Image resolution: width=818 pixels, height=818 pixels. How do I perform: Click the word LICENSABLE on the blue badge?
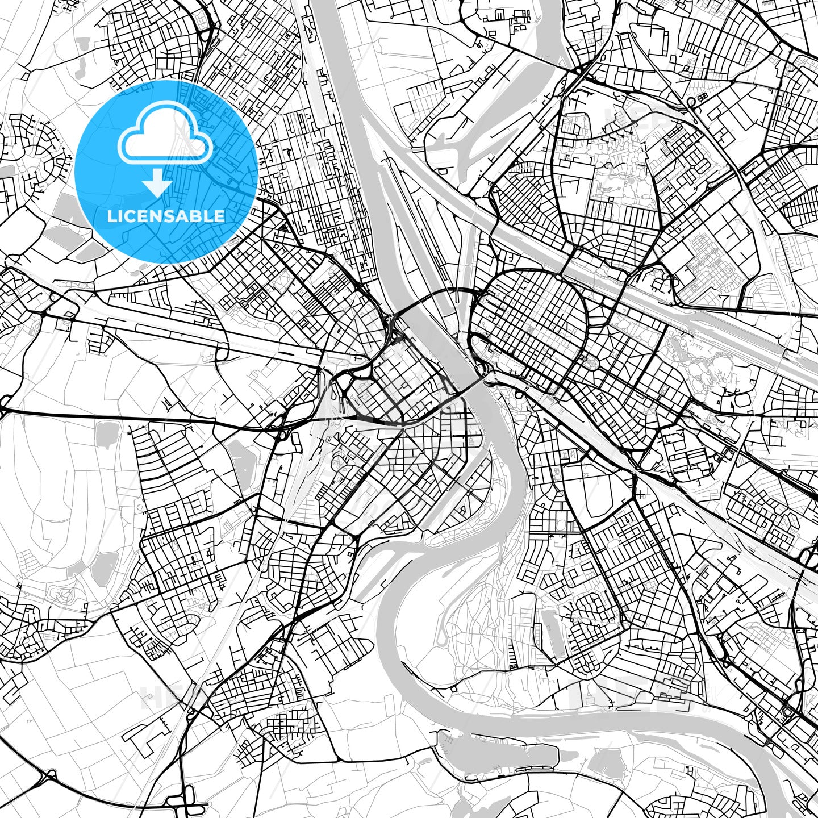click(x=166, y=216)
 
